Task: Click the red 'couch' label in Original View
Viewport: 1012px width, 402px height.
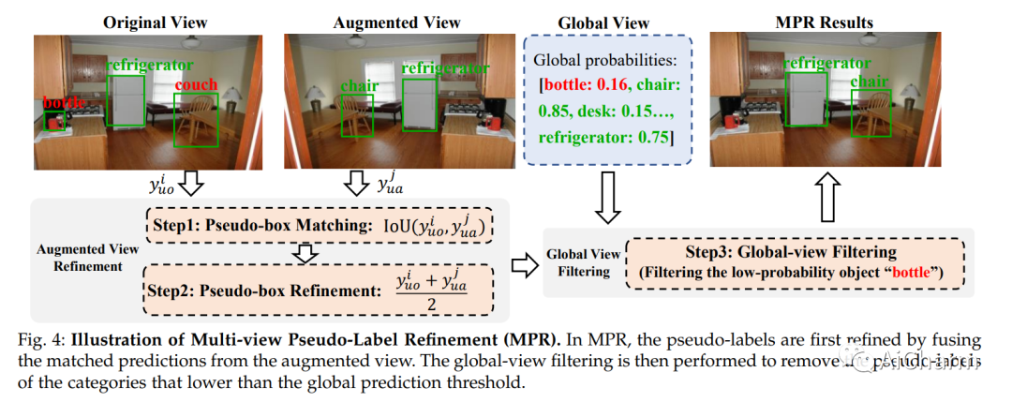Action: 195,85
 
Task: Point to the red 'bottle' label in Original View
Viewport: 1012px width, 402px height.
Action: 62,102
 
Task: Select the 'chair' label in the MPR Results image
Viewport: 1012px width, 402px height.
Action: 870,82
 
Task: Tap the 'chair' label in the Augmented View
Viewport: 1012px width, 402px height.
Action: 359,86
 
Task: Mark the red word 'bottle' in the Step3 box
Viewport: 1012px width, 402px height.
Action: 915,272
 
